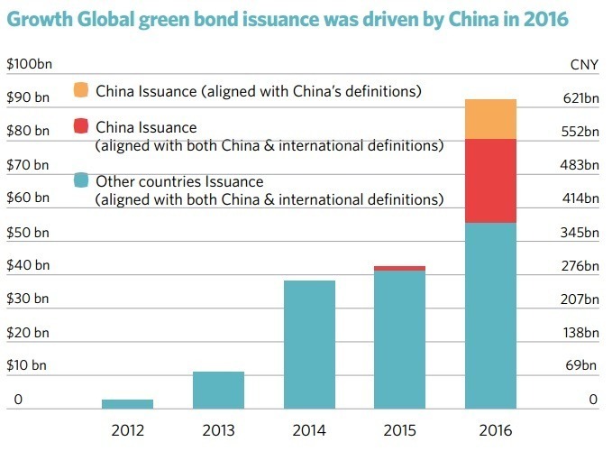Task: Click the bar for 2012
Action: pos(127,403)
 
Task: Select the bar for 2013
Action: pos(218,390)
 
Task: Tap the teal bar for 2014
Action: pos(309,344)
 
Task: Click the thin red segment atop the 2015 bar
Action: pos(399,268)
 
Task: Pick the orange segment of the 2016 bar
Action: pos(490,119)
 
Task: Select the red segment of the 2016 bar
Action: pos(490,180)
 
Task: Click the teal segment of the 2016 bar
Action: pos(490,315)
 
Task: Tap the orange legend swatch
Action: pos(81,90)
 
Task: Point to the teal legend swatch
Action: pos(81,180)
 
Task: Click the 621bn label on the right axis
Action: pos(580,97)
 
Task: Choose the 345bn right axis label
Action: pos(580,232)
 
